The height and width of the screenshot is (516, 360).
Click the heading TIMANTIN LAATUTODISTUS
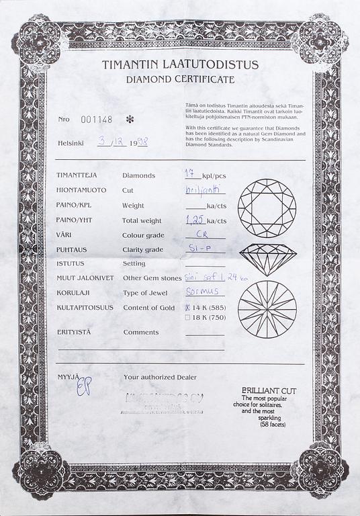coord(179,65)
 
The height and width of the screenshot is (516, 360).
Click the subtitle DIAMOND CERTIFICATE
coord(180,79)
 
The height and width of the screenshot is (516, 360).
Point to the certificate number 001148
coord(94,120)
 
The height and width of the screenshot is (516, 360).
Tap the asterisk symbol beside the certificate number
coord(130,119)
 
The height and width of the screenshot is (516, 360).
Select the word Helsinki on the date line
coord(71,143)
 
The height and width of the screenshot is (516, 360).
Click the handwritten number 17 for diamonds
coord(190,173)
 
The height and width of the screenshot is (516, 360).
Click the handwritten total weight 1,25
coord(195,219)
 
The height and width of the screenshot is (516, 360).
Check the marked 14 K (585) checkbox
coord(187,308)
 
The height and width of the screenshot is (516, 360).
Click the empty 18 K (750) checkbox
coord(187,317)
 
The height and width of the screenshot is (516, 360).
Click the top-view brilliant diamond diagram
coord(266,207)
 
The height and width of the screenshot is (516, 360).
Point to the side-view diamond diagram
coord(266,259)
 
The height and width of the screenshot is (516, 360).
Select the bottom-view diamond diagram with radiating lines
coord(267,309)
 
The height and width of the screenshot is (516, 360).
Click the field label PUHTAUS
coord(72,249)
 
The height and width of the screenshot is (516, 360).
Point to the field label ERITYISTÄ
coord(75,332)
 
